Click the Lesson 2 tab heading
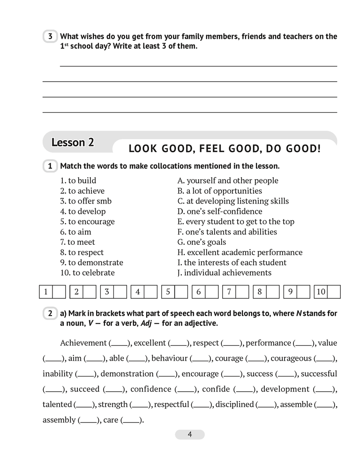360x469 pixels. click(73, 143)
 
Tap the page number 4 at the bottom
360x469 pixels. click(190, 434)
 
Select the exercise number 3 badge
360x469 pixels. click(50, 37)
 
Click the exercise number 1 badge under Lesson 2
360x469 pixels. click(50, 166)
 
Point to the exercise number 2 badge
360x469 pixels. click(50, 313)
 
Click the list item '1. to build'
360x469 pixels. click(78, 181)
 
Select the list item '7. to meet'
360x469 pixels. click(77, 242)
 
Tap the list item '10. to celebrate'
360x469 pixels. click(87, 272)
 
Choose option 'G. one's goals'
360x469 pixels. click(202, 242)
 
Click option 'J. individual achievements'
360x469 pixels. click(224, 272)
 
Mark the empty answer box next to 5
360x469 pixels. click(180, 292)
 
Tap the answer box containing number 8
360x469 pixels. click(260, 292)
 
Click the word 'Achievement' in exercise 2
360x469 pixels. click(83, 343)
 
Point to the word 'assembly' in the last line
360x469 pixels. click(59, 420)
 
